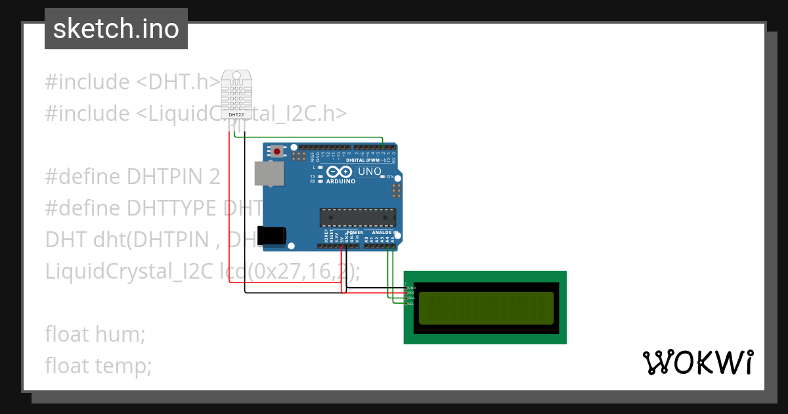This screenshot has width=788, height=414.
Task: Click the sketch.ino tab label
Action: pos(116,29)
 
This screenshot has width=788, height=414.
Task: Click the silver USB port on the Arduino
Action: pos(270,173)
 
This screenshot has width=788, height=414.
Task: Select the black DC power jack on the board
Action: pos(272,235)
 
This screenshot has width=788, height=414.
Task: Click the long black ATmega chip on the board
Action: pos(358,218)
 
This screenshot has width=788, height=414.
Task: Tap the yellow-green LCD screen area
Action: pos(486,308)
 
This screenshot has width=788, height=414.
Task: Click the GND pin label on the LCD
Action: pos(412,288)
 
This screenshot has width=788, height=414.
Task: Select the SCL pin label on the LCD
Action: pos(411,304)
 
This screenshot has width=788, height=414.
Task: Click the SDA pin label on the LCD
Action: pos(412,298)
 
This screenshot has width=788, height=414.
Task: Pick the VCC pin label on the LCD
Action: pos(412,293)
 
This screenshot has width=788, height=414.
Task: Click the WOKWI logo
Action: pos(697,362)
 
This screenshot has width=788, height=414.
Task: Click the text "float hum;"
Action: pos(95,334)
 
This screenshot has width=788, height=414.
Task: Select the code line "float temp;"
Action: pos(98,365)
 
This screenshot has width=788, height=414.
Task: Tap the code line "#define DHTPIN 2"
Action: pos(133,176)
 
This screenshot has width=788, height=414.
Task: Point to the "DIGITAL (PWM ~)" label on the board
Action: pos(364,160)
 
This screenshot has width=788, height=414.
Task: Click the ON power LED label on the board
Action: pos(390,177)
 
